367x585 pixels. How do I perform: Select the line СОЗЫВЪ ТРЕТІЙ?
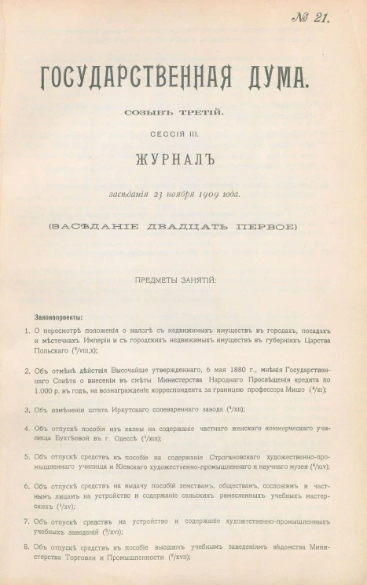point(173,113)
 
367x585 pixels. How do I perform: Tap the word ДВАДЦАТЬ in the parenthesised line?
point(177,227)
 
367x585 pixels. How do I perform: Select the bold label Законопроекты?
point(58,316)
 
